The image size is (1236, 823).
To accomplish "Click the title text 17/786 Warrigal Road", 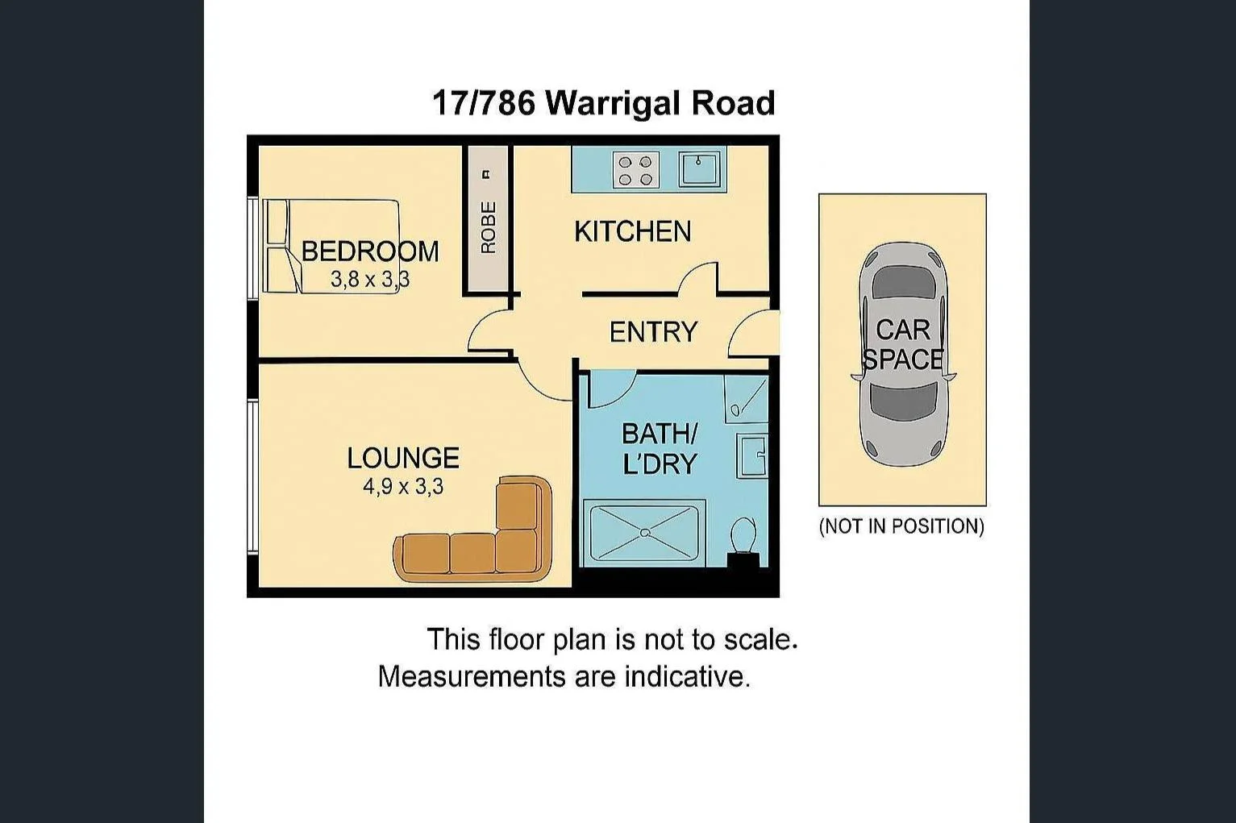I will point(603,103).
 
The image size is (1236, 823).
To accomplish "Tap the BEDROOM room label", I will point(370,251).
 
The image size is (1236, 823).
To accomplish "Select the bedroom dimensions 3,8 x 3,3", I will point(370,280).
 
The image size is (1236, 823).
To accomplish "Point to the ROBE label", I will point(488,227).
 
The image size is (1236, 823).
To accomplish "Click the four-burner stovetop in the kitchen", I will point(635,170).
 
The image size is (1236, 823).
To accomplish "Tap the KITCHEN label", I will point(632,231).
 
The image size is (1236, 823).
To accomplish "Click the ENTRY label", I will point(652,332).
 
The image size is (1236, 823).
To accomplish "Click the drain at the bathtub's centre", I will point(643,532).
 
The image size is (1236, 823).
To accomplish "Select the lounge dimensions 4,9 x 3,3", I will point(402,487).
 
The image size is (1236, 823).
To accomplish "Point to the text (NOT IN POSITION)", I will point(901,526).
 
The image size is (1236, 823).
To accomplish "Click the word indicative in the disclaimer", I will point(687,676).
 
